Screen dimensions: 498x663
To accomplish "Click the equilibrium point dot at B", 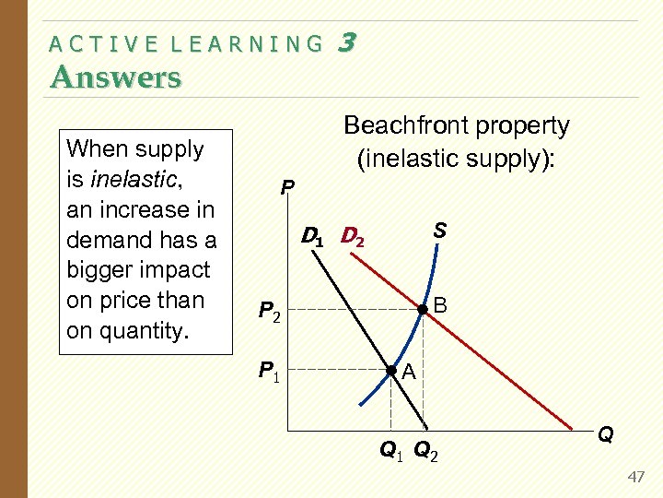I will [x=423, y=310].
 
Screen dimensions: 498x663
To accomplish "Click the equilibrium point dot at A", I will [x=391, y=371].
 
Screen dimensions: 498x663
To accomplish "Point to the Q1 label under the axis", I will [x=391, y=450].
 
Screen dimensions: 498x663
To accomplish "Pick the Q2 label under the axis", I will [x=425, y=450].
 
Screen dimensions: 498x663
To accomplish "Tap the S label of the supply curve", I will [x=440, y=230].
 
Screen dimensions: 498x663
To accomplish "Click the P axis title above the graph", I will [x=287, y=187].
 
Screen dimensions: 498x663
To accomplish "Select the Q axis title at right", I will [x=606, y=433].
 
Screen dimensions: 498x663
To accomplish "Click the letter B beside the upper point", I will [x=440, y=305].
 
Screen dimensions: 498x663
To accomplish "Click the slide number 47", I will [x=635, y=476].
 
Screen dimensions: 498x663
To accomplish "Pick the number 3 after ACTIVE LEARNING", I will [x=347, y=41].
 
